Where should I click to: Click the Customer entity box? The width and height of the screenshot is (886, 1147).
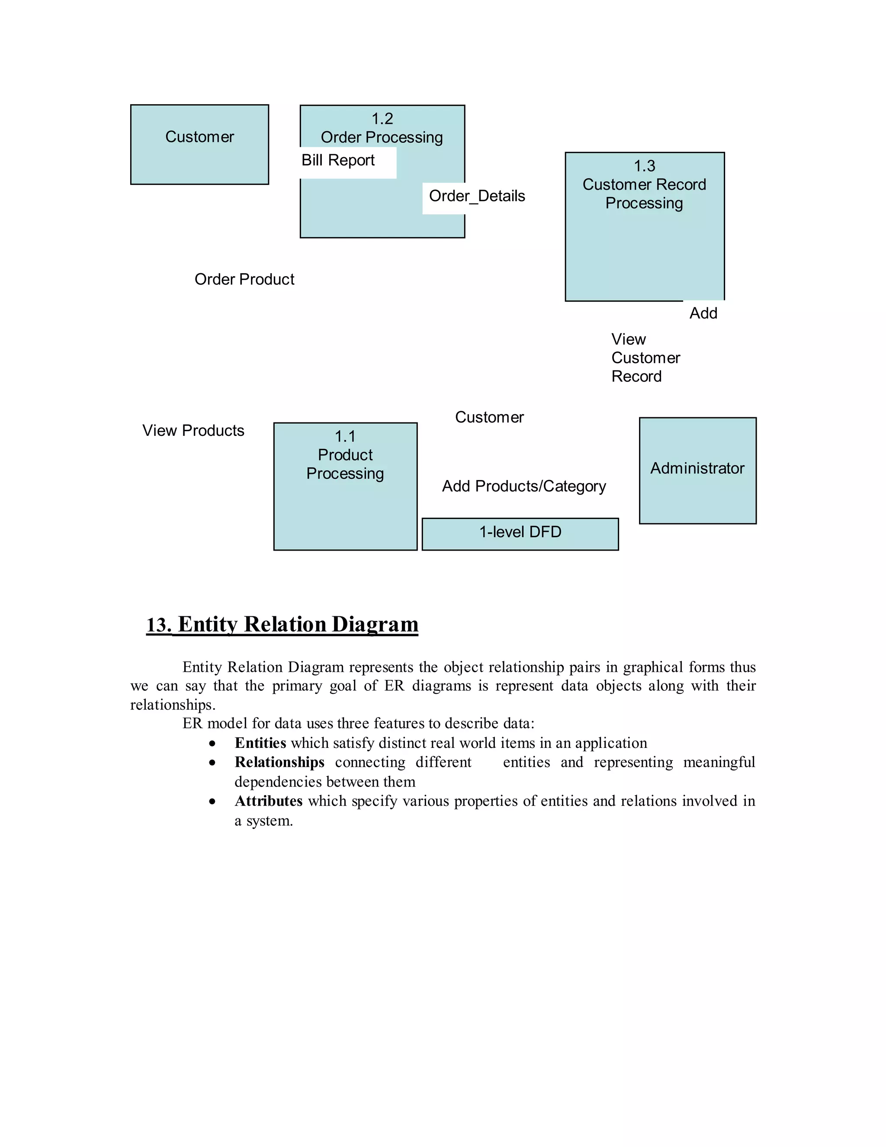(199, 145)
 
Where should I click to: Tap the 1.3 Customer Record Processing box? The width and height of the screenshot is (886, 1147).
(644, 227)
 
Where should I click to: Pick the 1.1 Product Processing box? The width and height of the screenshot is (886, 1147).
(345, 487)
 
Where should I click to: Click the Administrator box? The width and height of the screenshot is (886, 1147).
(697, 470)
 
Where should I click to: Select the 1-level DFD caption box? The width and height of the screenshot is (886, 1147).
(520, 534)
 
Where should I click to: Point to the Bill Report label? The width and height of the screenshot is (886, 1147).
(338, 160)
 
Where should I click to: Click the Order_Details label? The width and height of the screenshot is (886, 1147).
(477, 196)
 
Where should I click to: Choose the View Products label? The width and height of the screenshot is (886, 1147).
(193, 431)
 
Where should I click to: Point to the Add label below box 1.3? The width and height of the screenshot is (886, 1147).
(703, 313)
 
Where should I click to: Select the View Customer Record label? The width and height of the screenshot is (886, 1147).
(645, 358)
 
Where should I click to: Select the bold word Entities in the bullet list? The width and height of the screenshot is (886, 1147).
(260, 743)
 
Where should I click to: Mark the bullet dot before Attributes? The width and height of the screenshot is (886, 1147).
(212, 802)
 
